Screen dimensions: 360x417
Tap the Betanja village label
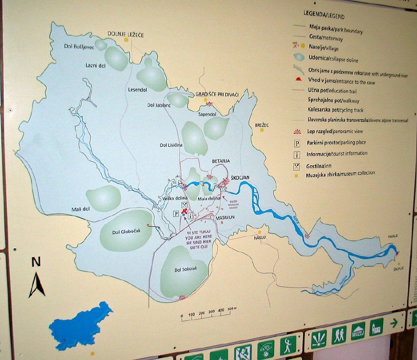[x=220, y=161]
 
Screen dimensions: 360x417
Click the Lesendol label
[x=136, y=89]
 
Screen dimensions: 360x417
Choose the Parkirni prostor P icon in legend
[x=296, y=143]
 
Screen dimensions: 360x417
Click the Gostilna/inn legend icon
[x=296, y=165]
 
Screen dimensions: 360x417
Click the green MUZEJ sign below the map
[x=358, y=331]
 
